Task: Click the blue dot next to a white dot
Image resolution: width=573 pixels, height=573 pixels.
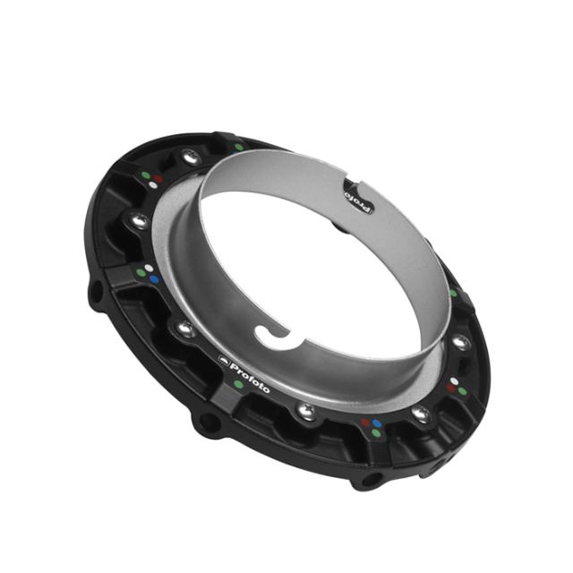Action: coord(154,279)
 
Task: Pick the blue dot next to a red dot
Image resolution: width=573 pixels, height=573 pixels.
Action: coord(378,422)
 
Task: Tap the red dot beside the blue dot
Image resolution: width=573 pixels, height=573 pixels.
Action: coord(365,420)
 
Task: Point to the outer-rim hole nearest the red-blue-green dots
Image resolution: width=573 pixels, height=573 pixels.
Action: coord(364,480)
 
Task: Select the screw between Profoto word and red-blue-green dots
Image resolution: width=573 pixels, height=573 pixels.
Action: coord(306,409)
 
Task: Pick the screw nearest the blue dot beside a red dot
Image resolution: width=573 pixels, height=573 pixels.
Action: coord(418,413)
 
